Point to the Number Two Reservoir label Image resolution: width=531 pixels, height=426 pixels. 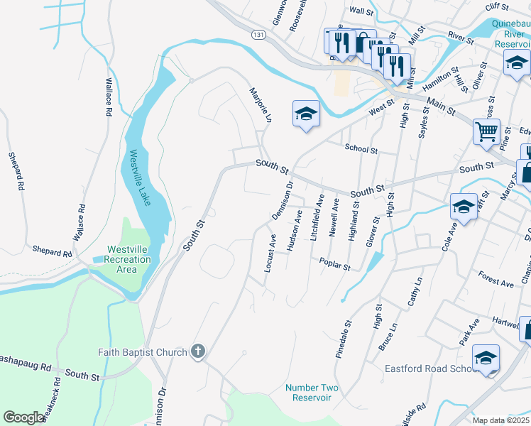312,393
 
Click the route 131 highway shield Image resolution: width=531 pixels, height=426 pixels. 259,33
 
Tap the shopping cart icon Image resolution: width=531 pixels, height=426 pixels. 486,131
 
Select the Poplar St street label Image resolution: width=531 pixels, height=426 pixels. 335,264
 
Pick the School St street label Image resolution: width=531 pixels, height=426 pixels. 361,149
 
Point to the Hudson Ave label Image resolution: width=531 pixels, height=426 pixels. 294,229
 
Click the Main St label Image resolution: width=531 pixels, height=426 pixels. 441,108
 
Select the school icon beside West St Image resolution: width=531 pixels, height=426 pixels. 306,114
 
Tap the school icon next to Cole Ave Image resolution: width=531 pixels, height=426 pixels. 464,207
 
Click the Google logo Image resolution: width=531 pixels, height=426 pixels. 23,417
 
